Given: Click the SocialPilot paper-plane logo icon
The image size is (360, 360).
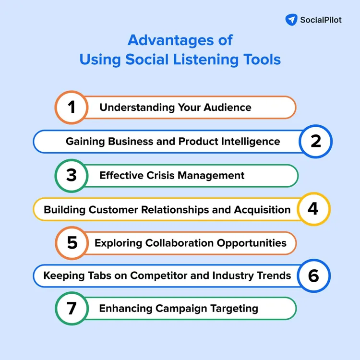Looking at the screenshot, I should [291, 20].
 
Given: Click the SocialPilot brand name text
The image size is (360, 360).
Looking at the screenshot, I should [321, 20].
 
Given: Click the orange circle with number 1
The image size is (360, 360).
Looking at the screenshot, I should [72, 107].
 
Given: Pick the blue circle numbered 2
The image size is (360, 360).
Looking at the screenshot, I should [315, 141].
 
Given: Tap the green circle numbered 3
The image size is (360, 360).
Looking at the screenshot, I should [72, 175].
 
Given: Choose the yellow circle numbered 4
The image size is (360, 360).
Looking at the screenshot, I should [313, 209].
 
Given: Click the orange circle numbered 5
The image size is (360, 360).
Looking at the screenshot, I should [72, 243].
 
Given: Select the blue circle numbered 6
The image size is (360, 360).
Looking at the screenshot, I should [313, 276].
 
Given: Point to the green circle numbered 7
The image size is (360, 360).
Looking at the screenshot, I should [72, 308].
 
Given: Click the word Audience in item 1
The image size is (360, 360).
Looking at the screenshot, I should [229, 108].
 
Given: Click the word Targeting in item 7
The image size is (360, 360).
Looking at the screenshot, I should [234, 309].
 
